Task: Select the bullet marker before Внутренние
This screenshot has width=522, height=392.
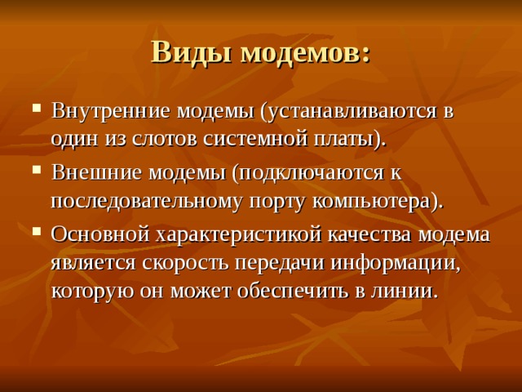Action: click(x=37, y=109)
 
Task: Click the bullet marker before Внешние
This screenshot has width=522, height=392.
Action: click(x=37, y=170)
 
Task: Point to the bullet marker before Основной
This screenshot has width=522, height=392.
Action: click(x=37, y=231)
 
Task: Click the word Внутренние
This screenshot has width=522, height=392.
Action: click(x=111, y=111)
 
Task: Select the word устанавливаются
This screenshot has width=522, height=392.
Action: click(x=348, y=112)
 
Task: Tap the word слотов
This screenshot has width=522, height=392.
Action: click(x=163, y=140)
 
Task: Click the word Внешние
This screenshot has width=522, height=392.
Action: click(x=96, y=173)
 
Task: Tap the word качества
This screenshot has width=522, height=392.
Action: click(x=370, y=235)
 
